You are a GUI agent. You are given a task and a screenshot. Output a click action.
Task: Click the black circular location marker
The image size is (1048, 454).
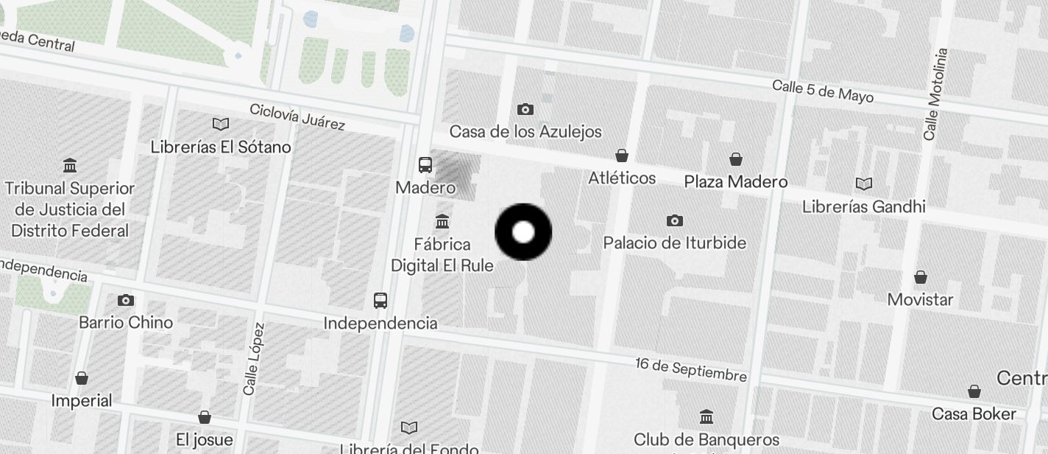click(x=523, y=232)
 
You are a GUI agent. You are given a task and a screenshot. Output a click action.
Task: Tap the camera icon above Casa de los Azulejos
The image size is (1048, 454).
click(x=525, y=110)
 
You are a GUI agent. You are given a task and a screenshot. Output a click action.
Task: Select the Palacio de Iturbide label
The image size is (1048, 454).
click(x=674, y=242)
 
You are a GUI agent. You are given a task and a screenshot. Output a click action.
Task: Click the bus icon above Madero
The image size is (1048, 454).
click(x=425, y=164)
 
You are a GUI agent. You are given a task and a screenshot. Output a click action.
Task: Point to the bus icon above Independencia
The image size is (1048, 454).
click(x=380, y=300)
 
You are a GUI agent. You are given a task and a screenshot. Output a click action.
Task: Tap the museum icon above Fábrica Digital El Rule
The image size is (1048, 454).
click(x=442, y=220)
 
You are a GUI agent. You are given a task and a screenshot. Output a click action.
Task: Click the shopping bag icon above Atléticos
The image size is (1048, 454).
click(x=622, y=156)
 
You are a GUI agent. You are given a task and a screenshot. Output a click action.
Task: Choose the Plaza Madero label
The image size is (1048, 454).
click(x=735, y=181)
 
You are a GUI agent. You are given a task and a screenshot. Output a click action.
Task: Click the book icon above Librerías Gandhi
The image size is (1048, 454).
click(x=864, y=184)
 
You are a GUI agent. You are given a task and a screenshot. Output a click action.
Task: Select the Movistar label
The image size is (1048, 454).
click(x=920, y=299)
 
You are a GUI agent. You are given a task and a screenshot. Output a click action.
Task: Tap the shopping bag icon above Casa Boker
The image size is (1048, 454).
click(x=974, y=391)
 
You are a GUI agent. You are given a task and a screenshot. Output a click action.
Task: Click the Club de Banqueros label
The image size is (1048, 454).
click(x=706, y=440)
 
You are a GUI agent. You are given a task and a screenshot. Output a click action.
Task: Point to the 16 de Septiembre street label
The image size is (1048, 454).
click(x=691, y=370)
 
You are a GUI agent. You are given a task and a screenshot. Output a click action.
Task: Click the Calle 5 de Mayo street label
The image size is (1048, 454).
click(x=822, y=91)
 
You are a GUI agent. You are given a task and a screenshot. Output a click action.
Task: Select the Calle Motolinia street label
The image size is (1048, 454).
click(x=936, y=94)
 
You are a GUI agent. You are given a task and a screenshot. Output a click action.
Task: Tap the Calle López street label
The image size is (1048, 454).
click(x=254, y=358)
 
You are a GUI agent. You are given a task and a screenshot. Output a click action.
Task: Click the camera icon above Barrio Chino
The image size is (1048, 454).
click(x=126, y=300)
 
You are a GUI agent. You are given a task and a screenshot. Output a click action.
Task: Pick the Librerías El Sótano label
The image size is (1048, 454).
click(x=221, y=147)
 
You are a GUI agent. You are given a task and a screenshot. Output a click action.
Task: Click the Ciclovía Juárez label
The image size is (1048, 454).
click(x=297, y=116)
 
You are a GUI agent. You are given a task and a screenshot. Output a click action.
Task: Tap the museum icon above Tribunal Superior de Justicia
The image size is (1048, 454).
click(x=70, y=165)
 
